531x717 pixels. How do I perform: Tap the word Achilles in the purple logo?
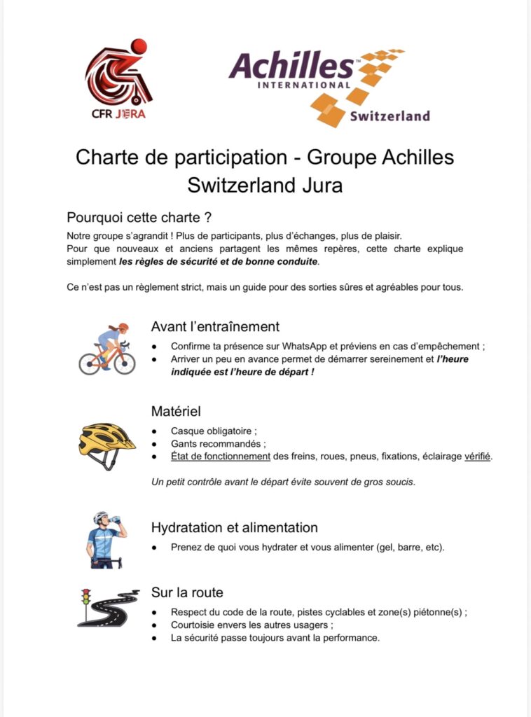pos(291,67)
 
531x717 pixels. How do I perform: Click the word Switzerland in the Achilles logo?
pos(389,116)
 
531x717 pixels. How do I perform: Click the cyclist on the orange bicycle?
pos(107,348)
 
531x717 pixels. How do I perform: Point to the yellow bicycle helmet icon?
pos(106,443)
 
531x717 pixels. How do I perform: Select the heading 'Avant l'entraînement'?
pos(215,326)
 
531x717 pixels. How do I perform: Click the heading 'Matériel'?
pos(176,411)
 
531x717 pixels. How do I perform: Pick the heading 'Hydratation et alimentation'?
pos(234,527)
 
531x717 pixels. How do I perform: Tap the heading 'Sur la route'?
pos(187,592)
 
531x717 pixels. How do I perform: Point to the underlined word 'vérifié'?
pos(478,457)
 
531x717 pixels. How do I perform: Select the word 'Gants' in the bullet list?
pos(185,444)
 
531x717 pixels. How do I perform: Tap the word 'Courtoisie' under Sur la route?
pos(196,625)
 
